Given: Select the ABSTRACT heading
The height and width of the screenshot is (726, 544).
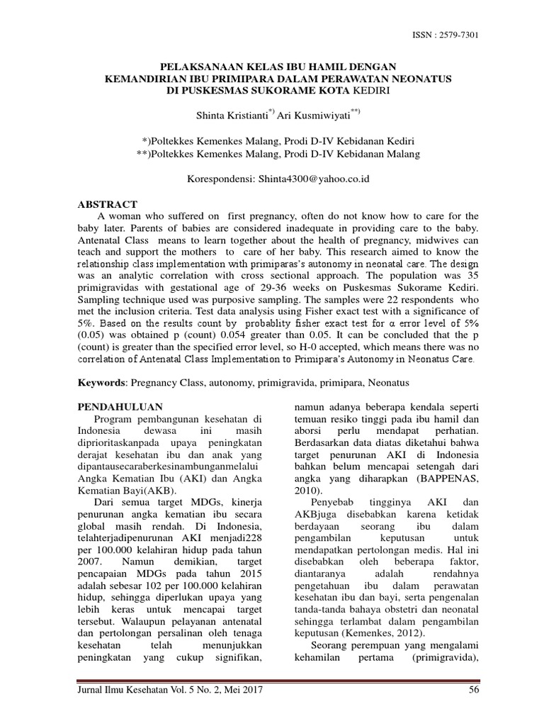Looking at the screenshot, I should click(107, 204).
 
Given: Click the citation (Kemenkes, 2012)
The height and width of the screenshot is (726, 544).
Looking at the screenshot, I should click(383, 632).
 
